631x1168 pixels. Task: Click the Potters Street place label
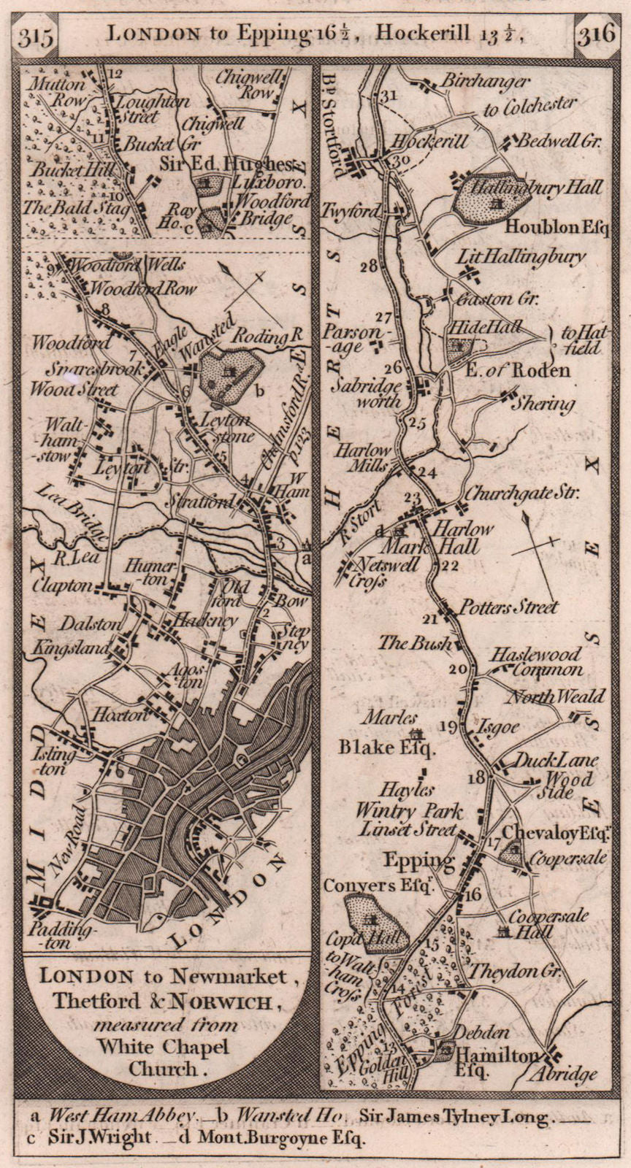point(508,607)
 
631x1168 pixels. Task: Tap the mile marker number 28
point(370,266)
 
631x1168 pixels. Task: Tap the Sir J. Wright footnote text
point(100,1137)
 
